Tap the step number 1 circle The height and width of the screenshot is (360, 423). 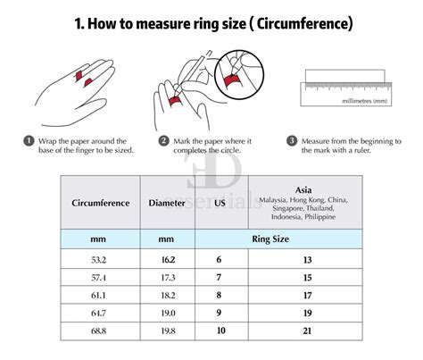29,141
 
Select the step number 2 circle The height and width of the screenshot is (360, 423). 163,141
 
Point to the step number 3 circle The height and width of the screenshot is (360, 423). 292,141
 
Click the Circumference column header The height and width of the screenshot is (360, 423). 100,203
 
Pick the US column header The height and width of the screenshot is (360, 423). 219,203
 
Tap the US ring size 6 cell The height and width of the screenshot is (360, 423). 219,259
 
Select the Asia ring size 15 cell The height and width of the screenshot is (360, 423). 308,278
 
